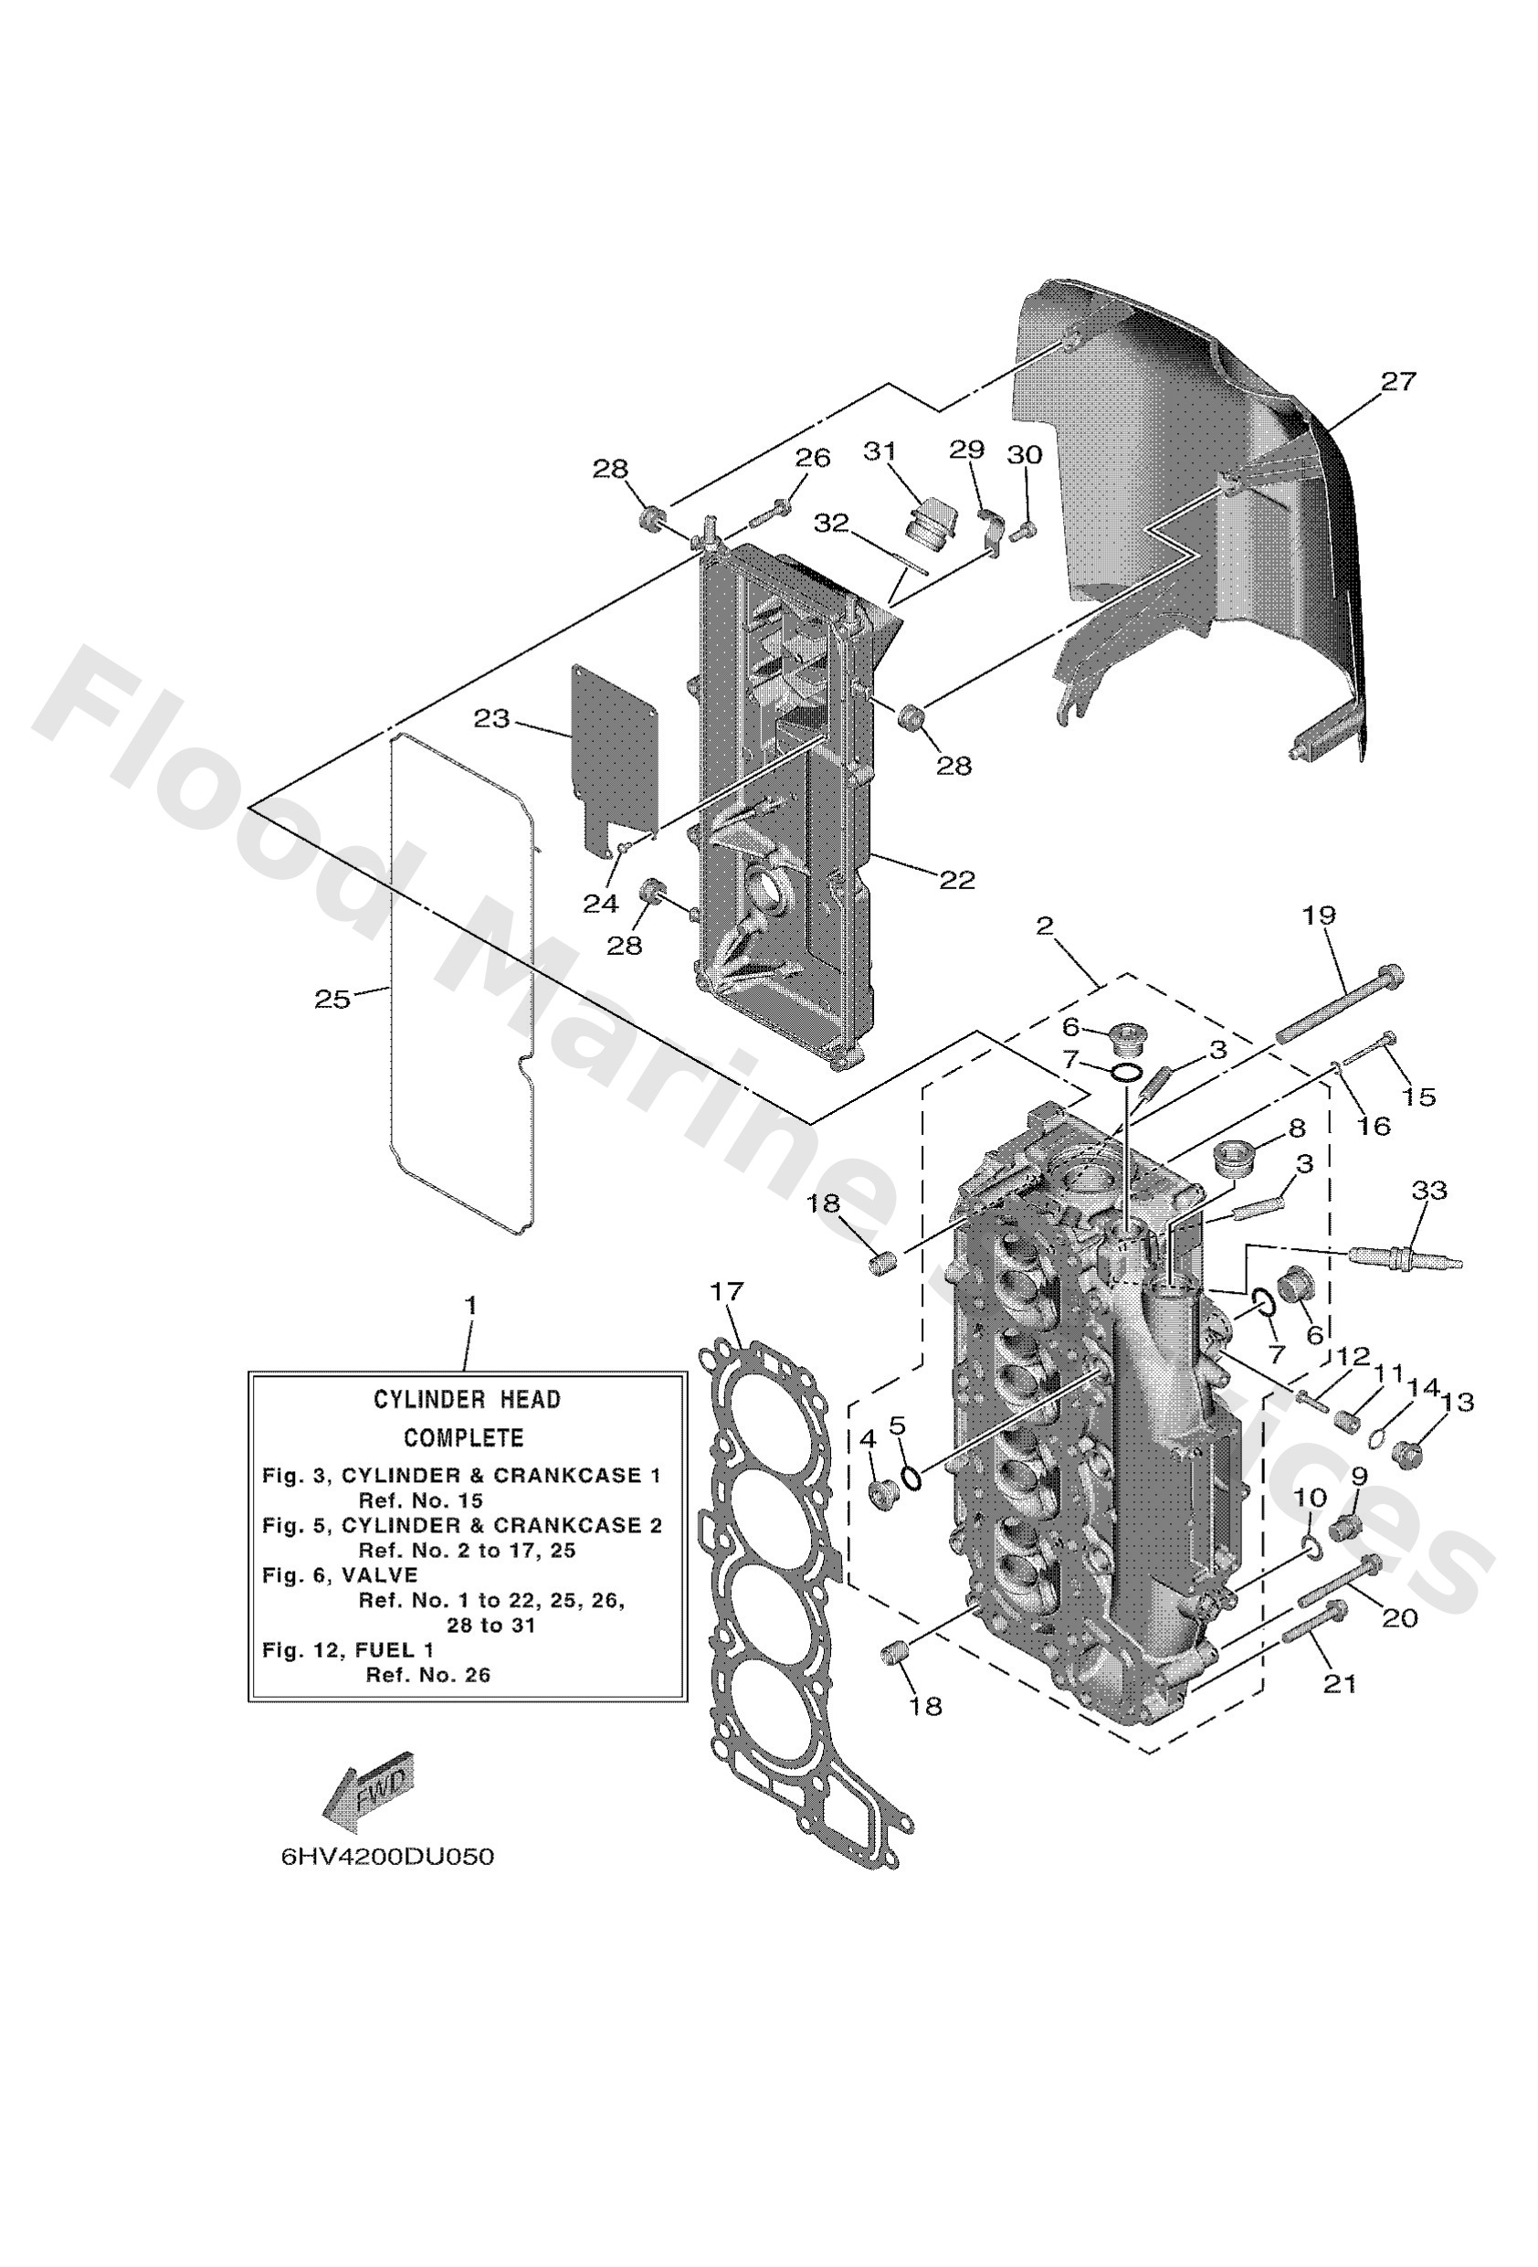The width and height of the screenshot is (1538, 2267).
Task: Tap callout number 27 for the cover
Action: click(x=1396, y=381)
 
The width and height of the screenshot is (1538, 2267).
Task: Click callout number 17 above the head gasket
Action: click(x=727, y=1290)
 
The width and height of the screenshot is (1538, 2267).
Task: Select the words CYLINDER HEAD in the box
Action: click(x=468, y=1399)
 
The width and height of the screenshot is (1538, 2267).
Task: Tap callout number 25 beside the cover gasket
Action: click(x=332, y=999)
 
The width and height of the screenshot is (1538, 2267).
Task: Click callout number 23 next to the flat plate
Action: click(x=491, y=719)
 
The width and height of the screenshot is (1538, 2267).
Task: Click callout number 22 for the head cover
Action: click(x=957, y=880)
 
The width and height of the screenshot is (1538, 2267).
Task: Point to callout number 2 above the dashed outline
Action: click(x=1045, y=925)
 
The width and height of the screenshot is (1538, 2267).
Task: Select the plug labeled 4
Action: click(x=883, y=1492)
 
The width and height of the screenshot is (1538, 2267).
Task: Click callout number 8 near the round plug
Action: click(x=1296, y=1128)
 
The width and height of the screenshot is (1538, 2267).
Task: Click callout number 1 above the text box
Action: click(x=470, y=1304)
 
